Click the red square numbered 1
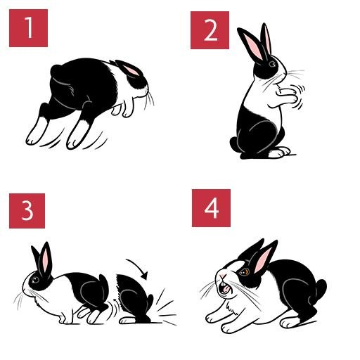coord(28,28)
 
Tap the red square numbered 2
coord(210,30)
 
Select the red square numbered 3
coord(27,211)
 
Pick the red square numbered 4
coord(211,208)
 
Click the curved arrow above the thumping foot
coord(139,266)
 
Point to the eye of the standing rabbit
coord(272,64)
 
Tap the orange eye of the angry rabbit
coord(244,271)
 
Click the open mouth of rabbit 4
coord(224,288)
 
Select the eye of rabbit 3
coord(36,279)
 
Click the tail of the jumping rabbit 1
coord(56,71)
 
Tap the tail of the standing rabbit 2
coord(233,144)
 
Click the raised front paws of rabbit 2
coord(287,95)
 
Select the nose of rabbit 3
coord(24,290)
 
